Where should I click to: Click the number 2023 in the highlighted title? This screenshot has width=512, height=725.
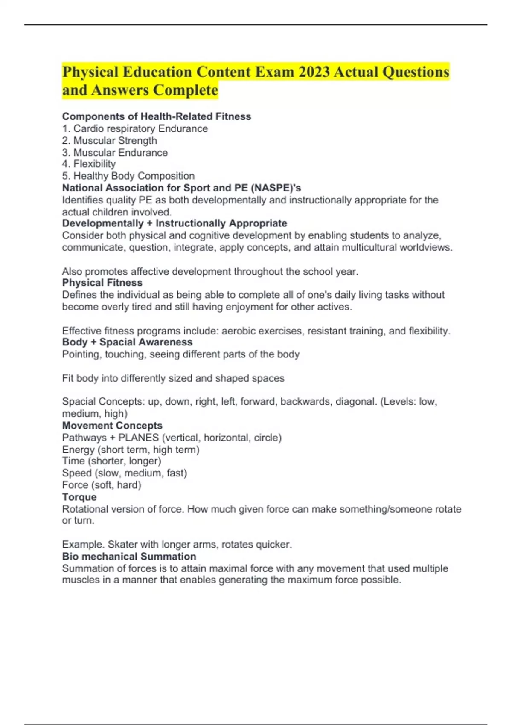click(314, 72)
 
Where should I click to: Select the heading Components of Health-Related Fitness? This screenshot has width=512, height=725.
click(157, 116)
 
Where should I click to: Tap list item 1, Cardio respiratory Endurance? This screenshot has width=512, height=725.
click(135, 128)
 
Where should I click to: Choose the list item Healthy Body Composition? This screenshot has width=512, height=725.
click(128, 176)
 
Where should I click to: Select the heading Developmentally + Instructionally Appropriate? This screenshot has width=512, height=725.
click(175, 223)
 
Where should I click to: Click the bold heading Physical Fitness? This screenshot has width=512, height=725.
click(102, 282)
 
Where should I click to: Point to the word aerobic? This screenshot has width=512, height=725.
click(238, 331)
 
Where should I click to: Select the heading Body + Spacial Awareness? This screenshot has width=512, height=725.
click(127, 342)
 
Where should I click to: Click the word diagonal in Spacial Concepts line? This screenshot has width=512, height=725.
click(356, 401)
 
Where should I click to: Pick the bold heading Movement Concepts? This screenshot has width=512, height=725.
click(112, 425)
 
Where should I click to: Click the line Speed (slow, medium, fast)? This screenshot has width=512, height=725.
click(125, 473)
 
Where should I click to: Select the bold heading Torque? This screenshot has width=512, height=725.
click(79, 497)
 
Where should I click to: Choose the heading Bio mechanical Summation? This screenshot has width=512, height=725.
click(129, 556)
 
